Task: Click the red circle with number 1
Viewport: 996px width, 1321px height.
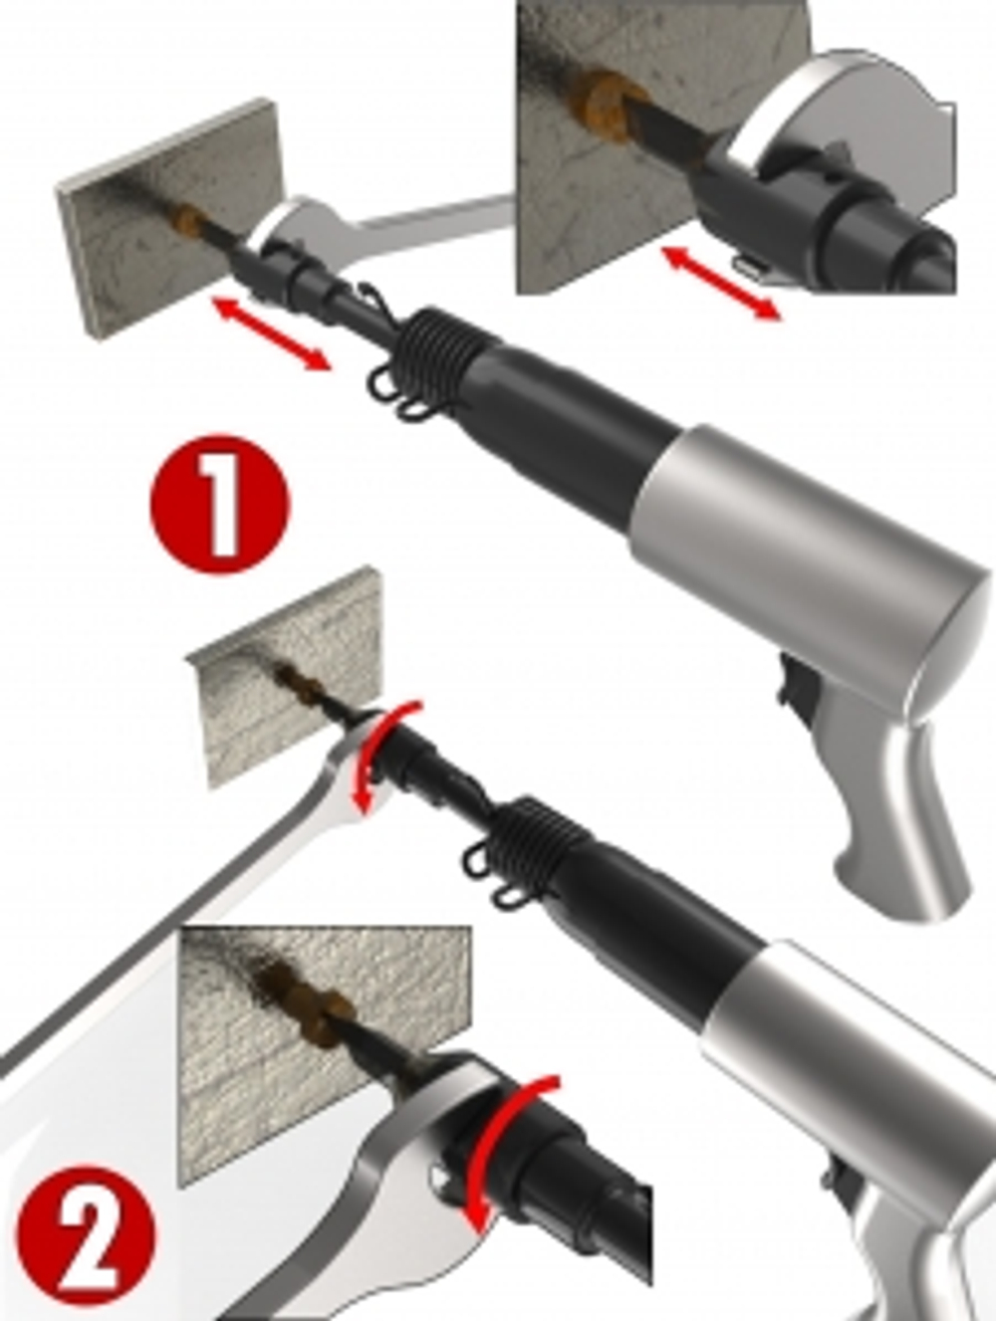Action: pyautogui.click(x=220, y=505)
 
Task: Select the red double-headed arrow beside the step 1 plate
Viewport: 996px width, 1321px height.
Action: pyautogui.click(x=272, y=333)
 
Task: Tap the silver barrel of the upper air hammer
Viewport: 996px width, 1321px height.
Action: pyautogui.click(x=807, y=542)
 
